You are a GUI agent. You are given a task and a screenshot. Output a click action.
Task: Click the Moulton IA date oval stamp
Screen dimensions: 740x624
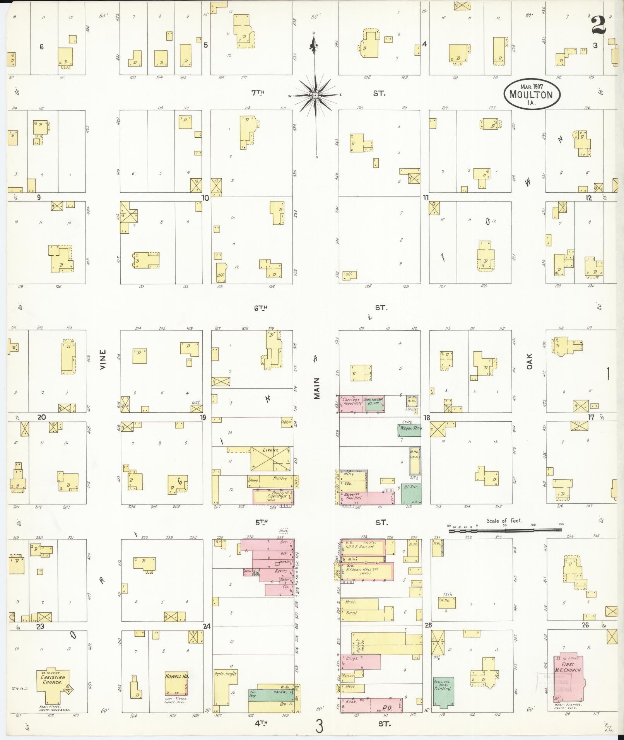(x=532, y=93)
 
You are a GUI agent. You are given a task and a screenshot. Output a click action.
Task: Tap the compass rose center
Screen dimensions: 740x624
(x=315, y=95)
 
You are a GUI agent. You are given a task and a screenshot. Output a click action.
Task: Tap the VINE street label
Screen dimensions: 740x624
(x=102, y=360)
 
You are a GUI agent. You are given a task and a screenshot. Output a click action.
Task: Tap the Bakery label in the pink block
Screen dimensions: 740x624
(x=281, y=571)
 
